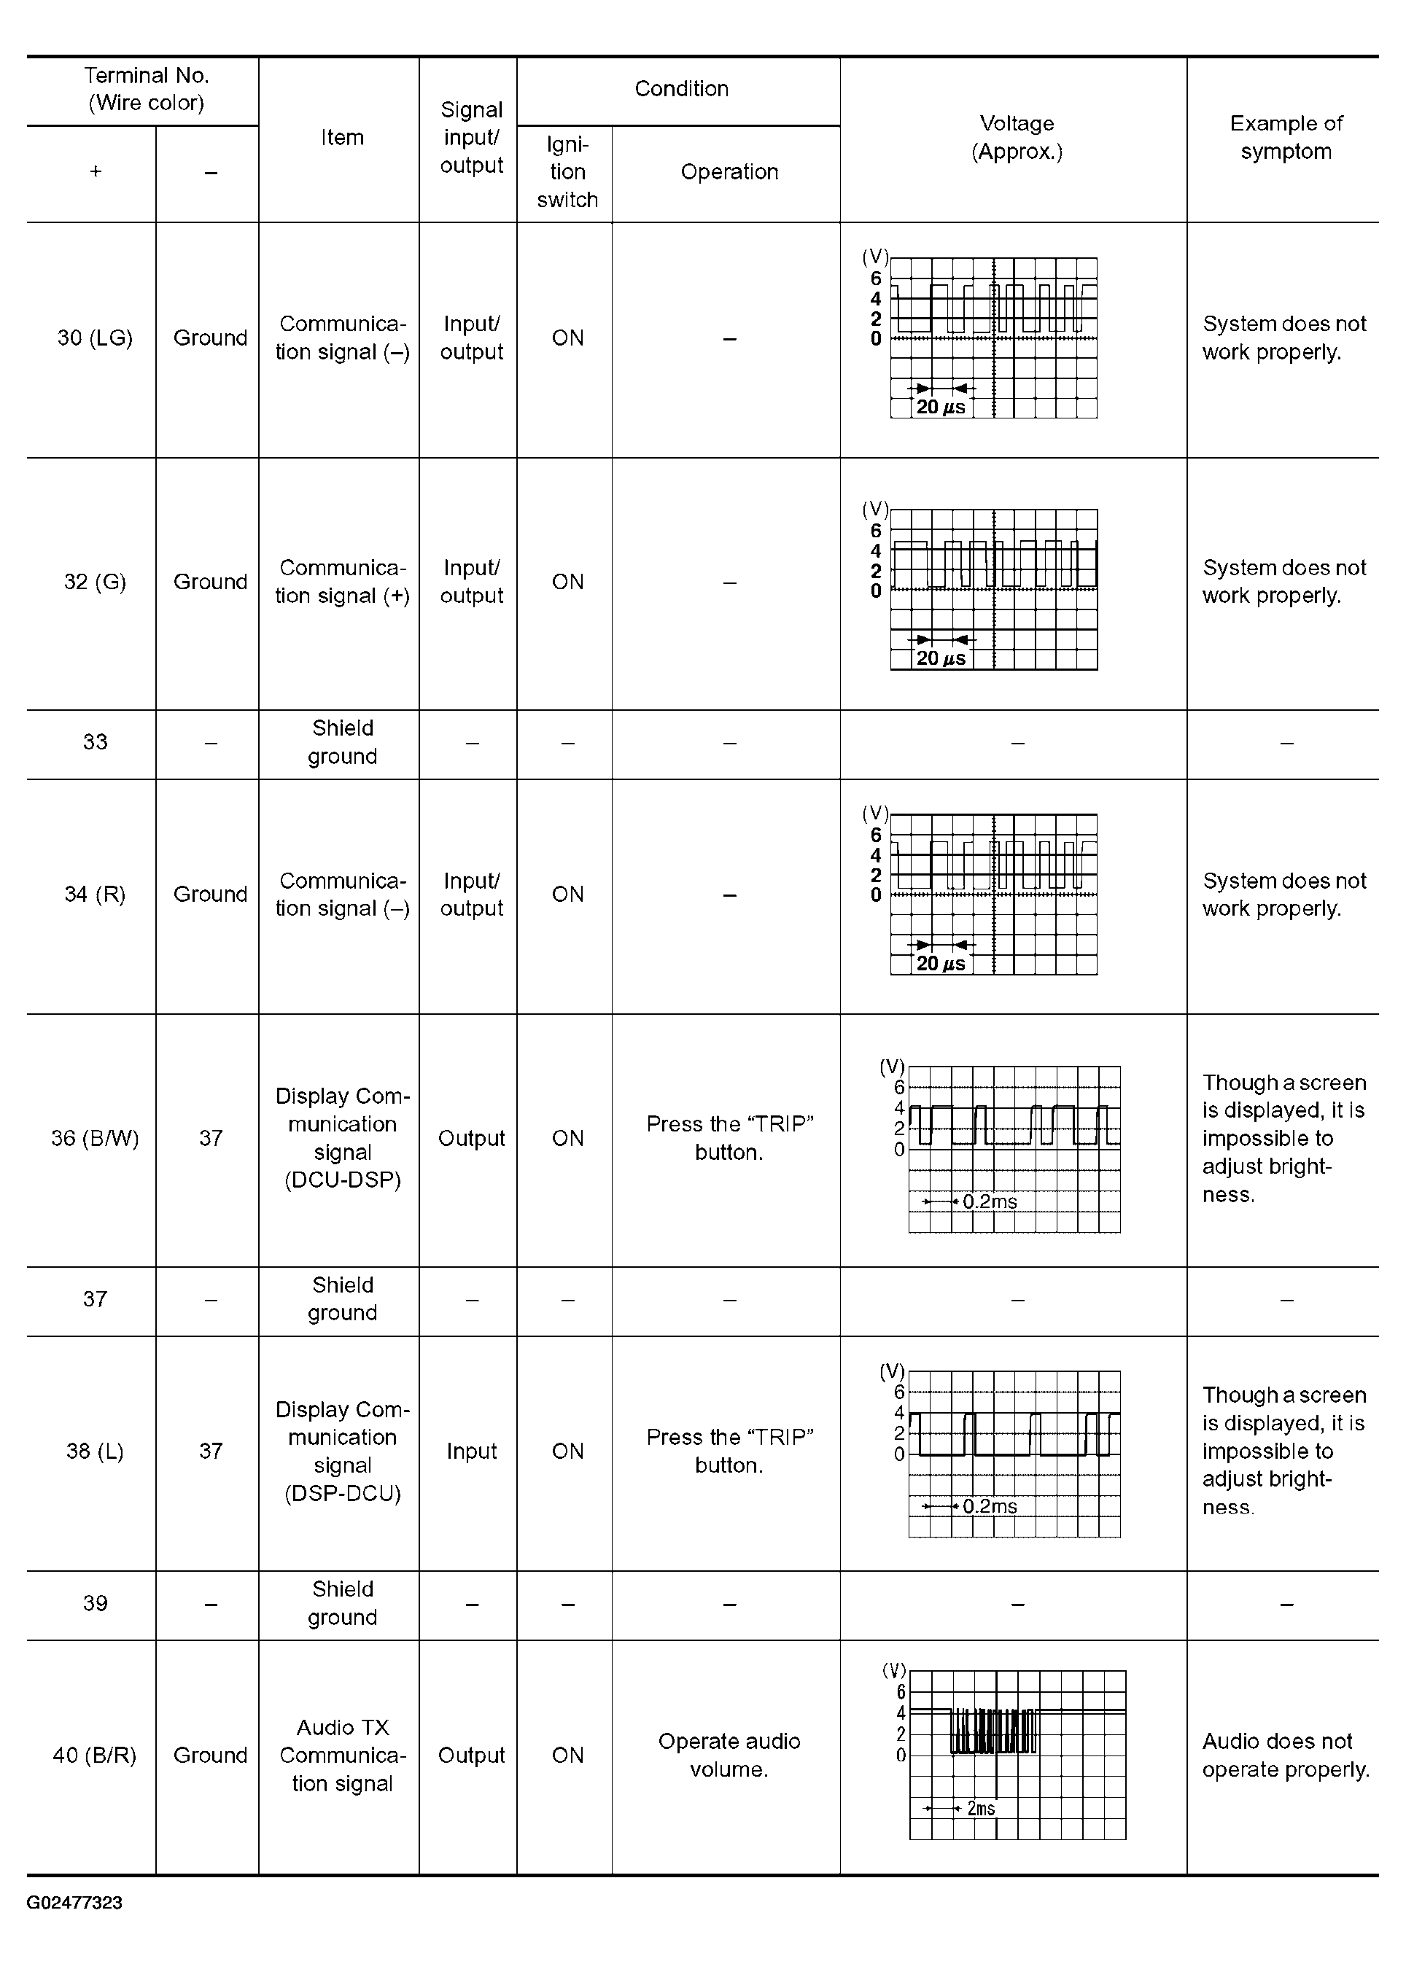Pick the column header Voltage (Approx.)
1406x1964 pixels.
1017,138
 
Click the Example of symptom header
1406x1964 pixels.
1286,138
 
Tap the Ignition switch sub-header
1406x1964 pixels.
567,172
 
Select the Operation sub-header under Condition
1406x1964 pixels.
729,172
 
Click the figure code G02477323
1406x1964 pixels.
74,1903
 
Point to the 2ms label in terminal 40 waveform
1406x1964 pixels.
981,1808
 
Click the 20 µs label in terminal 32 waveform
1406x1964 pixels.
940,659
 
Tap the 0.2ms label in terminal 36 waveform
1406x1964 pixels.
990,1201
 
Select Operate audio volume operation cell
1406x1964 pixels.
729,1755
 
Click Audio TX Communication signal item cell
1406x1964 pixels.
342,1755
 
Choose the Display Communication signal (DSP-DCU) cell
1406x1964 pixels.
342,1451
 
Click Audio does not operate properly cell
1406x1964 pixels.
1286,1755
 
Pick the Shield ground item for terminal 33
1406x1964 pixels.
342,742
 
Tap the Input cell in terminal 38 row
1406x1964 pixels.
471,1451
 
